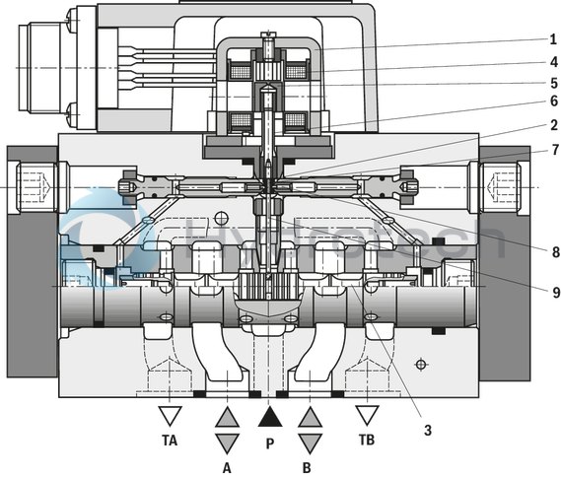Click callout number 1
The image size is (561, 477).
[x=552, y=39]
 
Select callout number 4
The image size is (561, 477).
[x=552, y=61]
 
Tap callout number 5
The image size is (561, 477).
[x=552, y=82]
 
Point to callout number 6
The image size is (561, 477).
[x=552, y=102]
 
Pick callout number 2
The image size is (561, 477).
[x=552, y=125]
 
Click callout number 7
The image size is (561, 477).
[x=552, y=149]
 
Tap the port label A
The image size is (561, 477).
[x=226, y=467]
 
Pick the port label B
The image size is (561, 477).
[x=310, y=467]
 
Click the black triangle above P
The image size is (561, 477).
[x=268, y=417]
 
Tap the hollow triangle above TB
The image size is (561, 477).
[x=368, y=415]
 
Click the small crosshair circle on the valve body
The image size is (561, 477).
[x=421, y=365]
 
